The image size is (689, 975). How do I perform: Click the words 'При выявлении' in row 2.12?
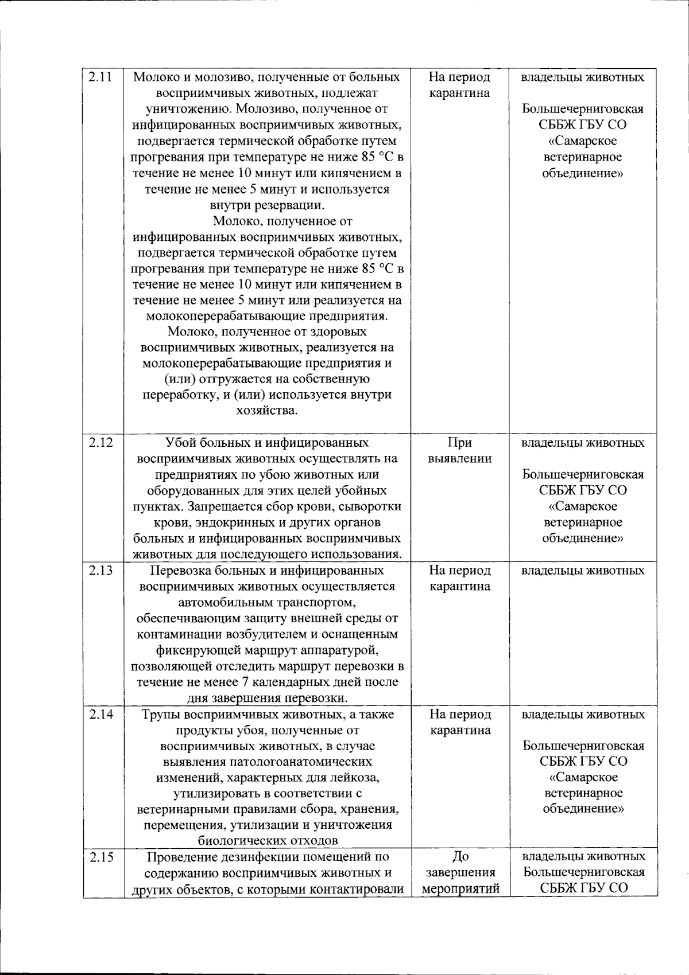pos(459,451)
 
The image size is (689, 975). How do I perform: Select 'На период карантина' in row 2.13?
pos(459,579)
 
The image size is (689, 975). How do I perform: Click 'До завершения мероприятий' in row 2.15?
pos(459,872)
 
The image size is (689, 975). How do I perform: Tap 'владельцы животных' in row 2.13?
pos(583,571)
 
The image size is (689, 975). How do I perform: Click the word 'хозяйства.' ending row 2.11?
pos(267,411)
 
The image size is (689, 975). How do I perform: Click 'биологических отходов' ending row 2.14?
pos(267,841)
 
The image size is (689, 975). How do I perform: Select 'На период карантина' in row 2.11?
pos(459,85)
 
